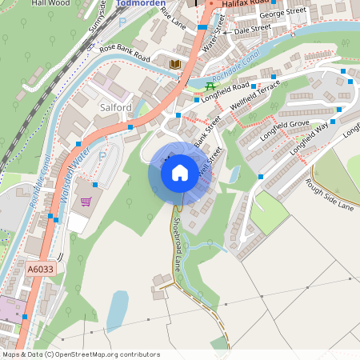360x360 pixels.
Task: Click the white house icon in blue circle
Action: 180,172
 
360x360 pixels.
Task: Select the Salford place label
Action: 115,106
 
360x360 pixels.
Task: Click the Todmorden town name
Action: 141,3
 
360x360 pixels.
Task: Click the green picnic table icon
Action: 210,86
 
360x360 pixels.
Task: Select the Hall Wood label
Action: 50,3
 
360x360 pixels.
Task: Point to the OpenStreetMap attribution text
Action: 80,354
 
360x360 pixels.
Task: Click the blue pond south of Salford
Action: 118,310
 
